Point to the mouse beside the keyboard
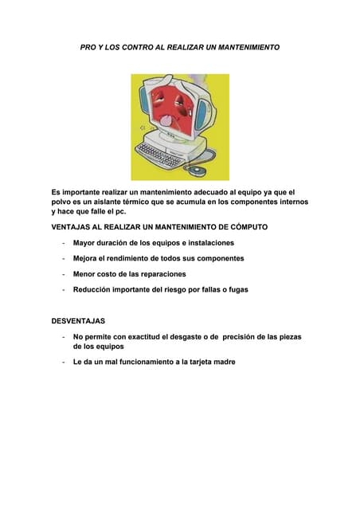click(198, 169)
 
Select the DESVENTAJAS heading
click(78, 321)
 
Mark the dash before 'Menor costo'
click(62, 274)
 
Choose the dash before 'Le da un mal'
click(62, 362)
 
